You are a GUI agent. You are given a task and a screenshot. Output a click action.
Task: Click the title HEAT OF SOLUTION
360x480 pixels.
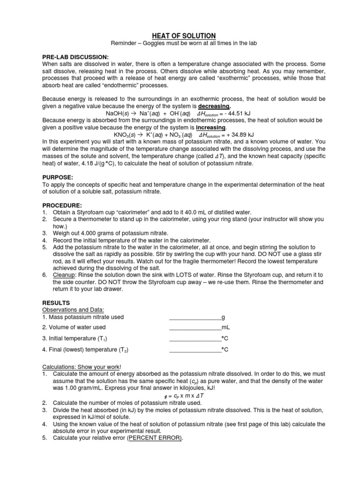click(180, 36)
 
